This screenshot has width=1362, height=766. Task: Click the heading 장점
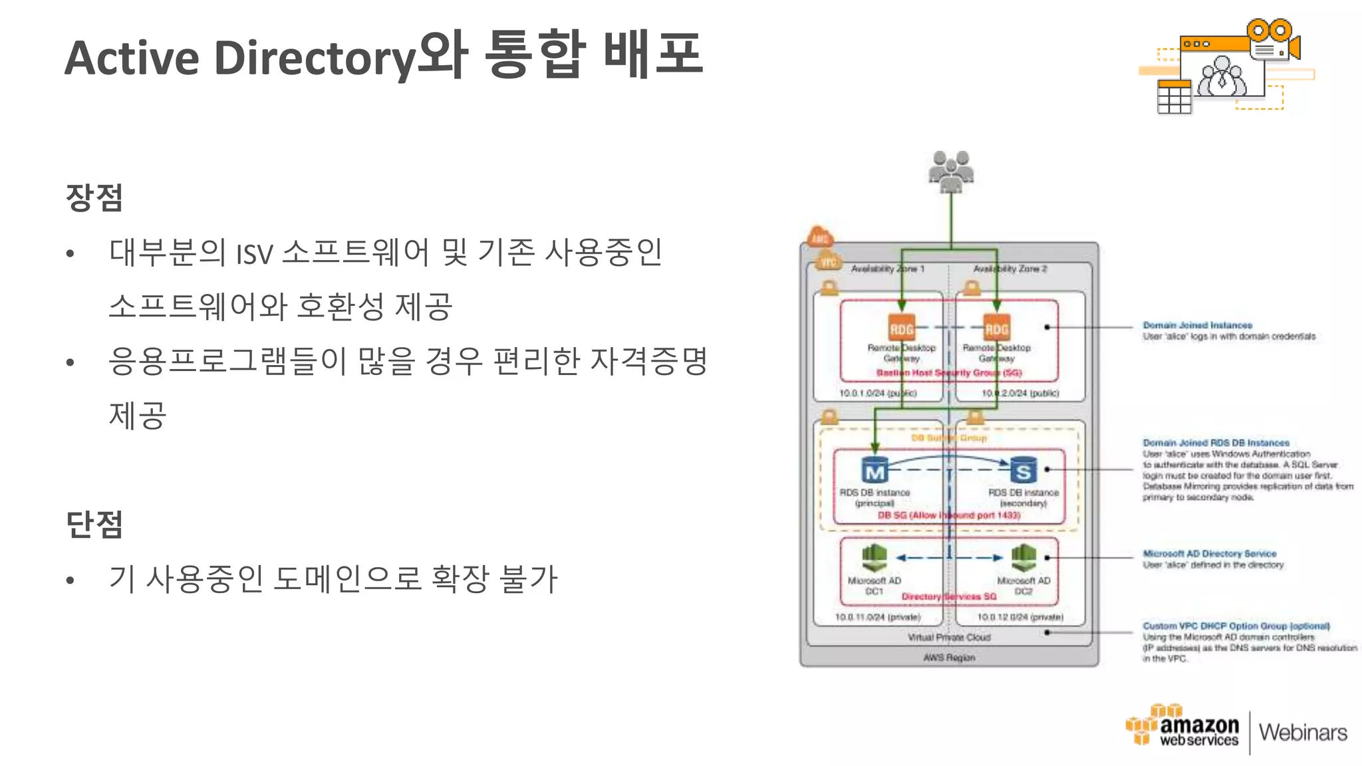click(94, 197)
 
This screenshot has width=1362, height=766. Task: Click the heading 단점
click(94, 524)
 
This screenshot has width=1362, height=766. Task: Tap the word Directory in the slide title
click(315, 59)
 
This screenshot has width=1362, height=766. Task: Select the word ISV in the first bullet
click(255, 254)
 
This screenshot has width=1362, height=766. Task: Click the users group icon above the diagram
click(951, 171)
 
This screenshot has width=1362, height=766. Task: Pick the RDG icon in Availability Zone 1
click(902, 328)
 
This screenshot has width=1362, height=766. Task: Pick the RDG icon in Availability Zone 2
click(996, 328)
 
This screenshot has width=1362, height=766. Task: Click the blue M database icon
click(875, 470)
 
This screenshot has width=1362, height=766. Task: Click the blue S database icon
click(1023, 470)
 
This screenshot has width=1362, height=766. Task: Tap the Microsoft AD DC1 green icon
click(875, 557)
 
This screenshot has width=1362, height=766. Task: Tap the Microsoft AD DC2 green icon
click(1023, 557)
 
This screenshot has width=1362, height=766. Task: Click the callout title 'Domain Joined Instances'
click(1197, 325)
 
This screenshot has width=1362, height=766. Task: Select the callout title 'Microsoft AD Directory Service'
click(1209, 553)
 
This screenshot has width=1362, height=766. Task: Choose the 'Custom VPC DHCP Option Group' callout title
click(1236, 626)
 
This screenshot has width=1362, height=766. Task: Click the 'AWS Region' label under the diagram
click(949, 658)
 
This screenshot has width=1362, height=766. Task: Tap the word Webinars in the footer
click(1303, 733)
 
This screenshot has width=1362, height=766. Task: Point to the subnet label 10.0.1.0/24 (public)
click(877, 393)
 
